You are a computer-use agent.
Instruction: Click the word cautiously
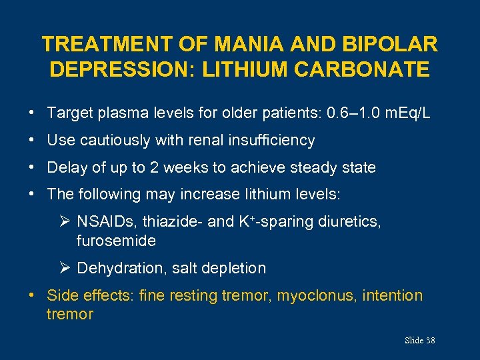(x=113, y=141)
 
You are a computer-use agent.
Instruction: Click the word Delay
(x=66, y=167)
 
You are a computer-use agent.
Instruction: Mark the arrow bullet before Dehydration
(x=65, y=268)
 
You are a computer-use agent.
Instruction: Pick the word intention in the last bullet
(x=393, y=295)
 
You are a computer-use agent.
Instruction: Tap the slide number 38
(x=430, y=341)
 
